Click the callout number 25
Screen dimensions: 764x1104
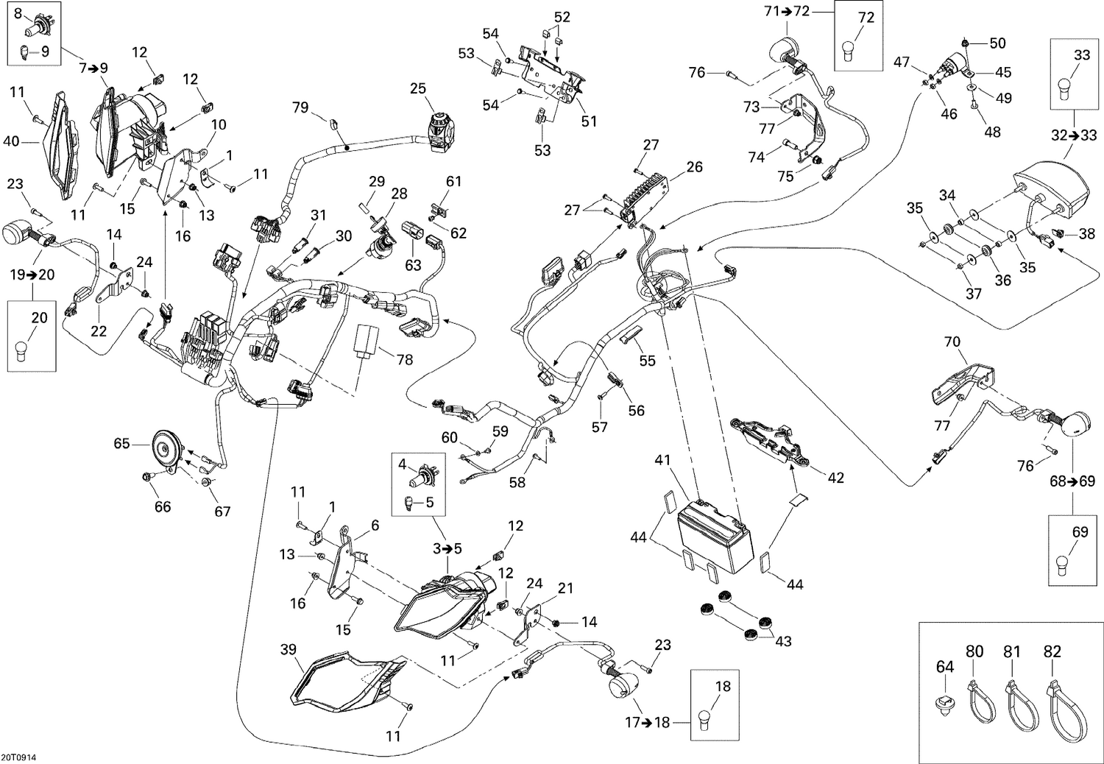pyautogui.click(x=418, y=88)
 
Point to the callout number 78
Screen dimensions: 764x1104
pyautogui.click(x=405, y=360)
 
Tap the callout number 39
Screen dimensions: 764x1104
pyautogui.click(x=289, y=649)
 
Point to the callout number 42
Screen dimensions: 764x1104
pyautogui.click(x=836, y=478)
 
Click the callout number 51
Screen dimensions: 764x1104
pyautogui.click(x=589, y=121)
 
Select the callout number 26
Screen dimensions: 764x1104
pyautogui.click(x=695, y=167)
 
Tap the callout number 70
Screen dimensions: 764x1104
pyautogui.click(x=952, y=342)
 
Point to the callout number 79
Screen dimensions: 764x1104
pyautogui.click(x=300, y=107)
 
